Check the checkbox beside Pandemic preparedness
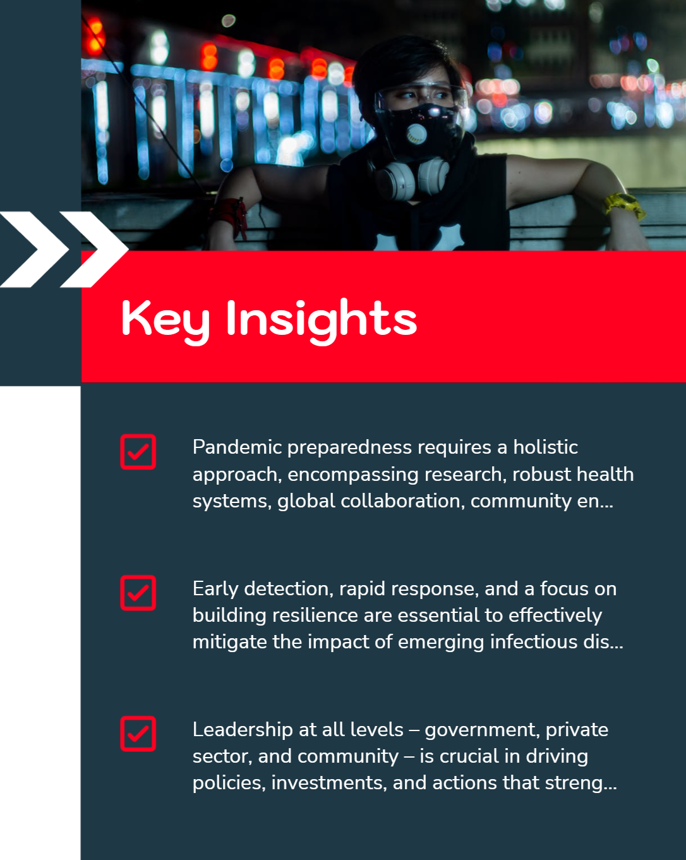tap(138, 452)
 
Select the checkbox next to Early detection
tap(138, 593)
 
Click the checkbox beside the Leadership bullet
tap(138, 734)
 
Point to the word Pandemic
tap(238, 447)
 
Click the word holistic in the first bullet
tap(545, 447)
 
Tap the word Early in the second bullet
tap(215, 590)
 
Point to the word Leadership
tap(243, 730)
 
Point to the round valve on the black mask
tap(416, 133)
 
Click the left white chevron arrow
tap(35, 250)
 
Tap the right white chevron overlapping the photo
tap(94, 250)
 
